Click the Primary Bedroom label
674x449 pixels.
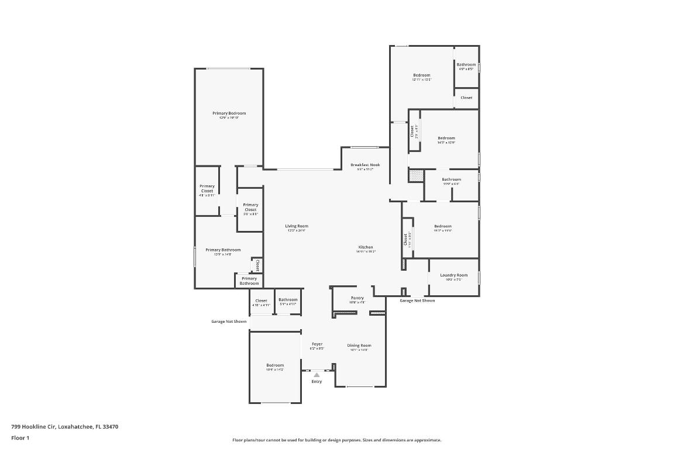click(x=229, y=113)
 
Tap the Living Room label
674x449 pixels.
click(x=297, y=226)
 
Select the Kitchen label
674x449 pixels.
click(x=366, y=247)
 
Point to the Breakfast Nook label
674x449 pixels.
click(x=365, y=165)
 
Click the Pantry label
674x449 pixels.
click(x=357, y=298)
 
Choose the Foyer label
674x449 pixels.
click(x=317, y=344)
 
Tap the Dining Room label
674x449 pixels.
click(x=359, y=346)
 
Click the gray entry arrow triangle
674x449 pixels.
click(x=317, y=375)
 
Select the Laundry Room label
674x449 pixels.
click(x=454, y=275)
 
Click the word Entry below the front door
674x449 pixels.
click(x=317, y=382)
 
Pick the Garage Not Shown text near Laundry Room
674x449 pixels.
click(x=417, y=301)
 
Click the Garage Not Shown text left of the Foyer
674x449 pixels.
click(x=229, y=322)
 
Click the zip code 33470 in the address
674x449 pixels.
click(x=111, y=427)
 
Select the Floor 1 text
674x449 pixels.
click(x=20, y=438)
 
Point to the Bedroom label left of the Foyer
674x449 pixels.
click(x=275, y=365)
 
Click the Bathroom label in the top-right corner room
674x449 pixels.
click(x=466, y=65)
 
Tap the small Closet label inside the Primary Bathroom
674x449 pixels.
click(x=257, y=265)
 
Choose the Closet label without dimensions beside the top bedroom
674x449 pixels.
click(x=466, y=98)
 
